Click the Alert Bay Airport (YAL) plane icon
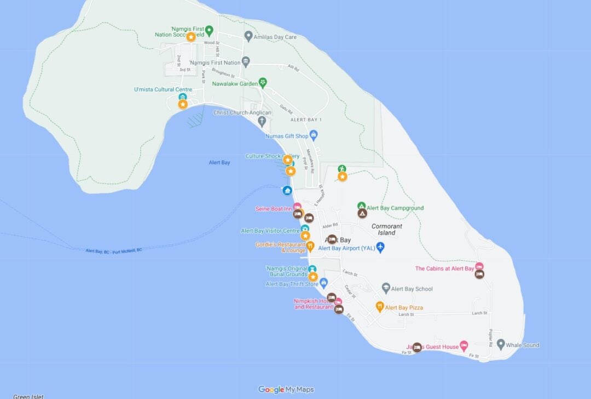pos(381,248)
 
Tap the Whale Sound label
pos(522,345)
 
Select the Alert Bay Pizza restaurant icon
pos(380,307)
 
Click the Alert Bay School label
pos(412,289)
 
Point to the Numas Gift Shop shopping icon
pos(314,134)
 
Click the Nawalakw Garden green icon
pos(263,83)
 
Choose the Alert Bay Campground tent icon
pos(362,213)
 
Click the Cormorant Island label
pos(387,229)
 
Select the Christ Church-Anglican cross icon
pos(262,121)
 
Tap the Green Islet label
pos(28,396)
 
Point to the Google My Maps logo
pos(286,390)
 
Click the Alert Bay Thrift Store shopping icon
pos(323,283)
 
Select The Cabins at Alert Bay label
pos(444,268)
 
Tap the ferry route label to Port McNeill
pos(114,250)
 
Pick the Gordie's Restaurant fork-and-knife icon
pos(310,246)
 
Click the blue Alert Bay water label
pos(219,162)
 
